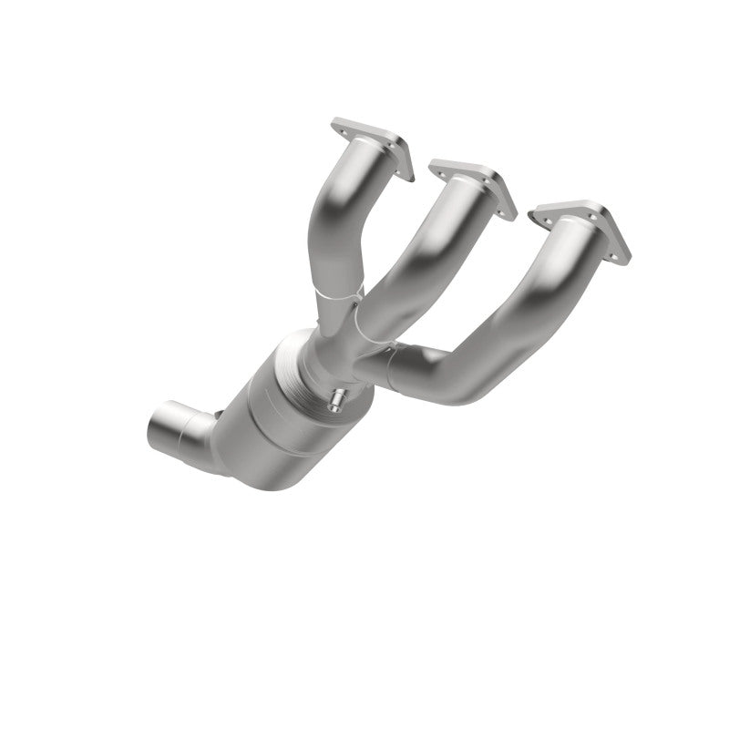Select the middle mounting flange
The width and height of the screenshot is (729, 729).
472,185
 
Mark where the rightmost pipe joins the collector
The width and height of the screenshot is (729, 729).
387,360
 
